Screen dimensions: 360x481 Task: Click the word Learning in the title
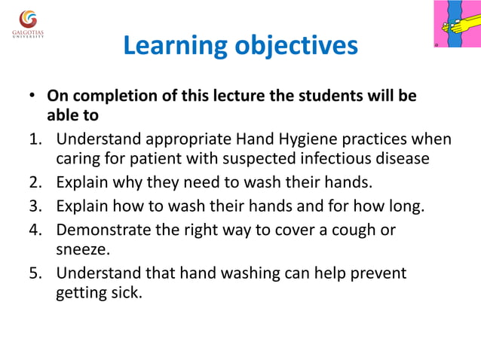175,47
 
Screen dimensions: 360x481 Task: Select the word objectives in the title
296,47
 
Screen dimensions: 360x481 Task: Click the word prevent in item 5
377,273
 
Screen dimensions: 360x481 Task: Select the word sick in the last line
127,292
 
